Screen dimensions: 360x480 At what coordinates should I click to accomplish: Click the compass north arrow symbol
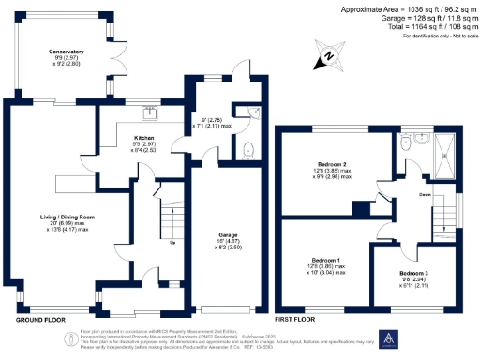click(x=327, y=57)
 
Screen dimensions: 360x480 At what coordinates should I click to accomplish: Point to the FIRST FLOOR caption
click(x=301, y=320)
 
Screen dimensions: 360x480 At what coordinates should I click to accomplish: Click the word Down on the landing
click(x=425, y=196)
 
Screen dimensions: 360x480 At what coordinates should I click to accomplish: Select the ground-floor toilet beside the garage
click(x=247, y=149)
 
